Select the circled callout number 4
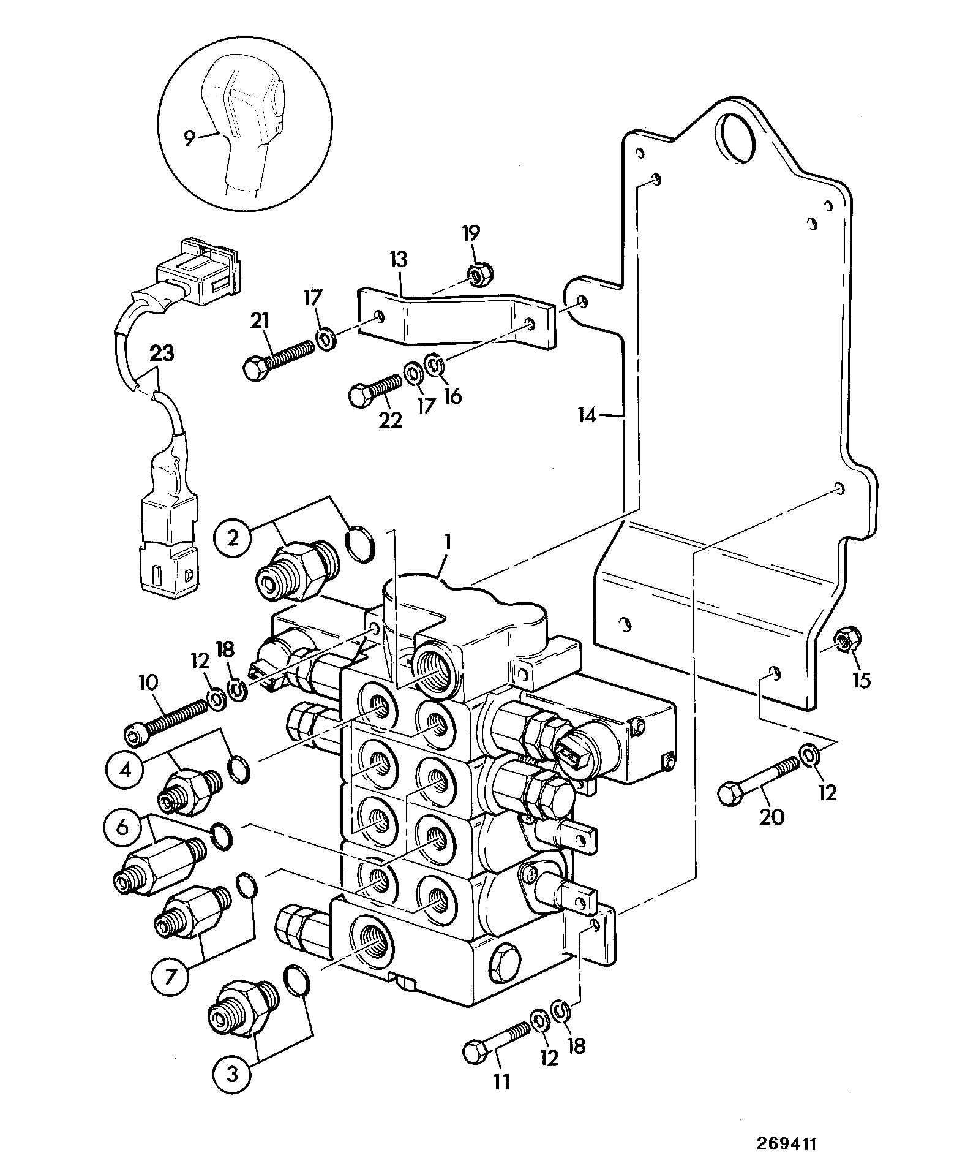tap(124, 769)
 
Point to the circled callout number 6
tap(122, 828)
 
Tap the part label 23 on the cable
tap(161, 354)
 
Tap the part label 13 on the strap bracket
tap(398, 260)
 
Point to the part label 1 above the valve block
tap(448, 542)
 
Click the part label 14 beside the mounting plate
tap(587, 416)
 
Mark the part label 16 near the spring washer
tap(452, 397)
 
